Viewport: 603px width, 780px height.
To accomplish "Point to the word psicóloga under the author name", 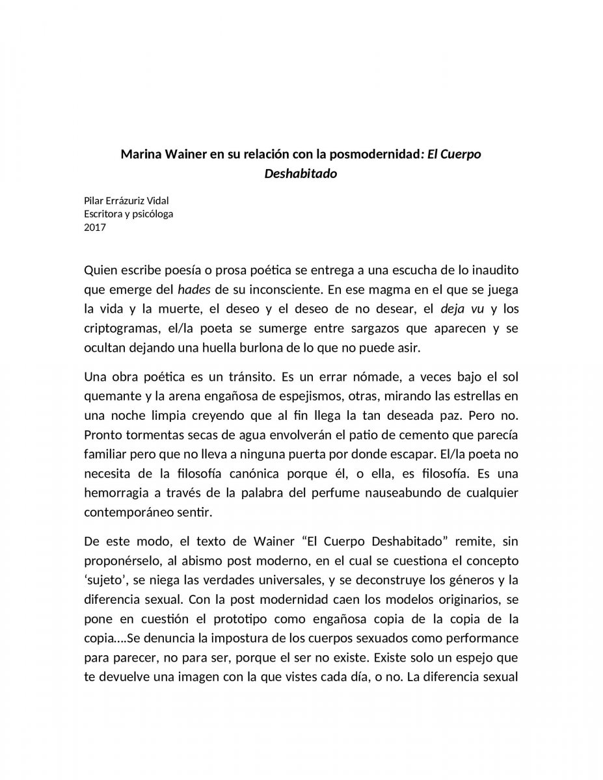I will point(153,214).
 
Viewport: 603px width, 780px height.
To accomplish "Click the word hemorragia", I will point(118,493).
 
